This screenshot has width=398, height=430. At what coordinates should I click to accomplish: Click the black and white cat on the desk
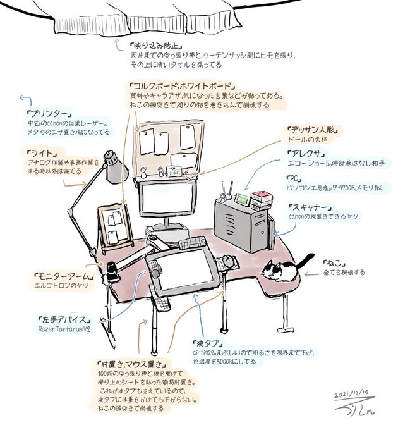coord(280,270)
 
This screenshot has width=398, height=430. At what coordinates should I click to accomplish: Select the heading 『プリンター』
coord(44,114)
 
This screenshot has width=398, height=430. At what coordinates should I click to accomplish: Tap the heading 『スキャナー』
coord(310,207)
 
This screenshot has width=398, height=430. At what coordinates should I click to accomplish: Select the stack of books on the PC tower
coord(260,200)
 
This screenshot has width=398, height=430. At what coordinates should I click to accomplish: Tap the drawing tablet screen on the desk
coord(183,272)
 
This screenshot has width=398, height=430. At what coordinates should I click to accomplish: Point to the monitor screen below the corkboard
coord(167,199)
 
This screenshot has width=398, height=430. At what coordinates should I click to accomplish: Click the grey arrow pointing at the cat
coord(311,274)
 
